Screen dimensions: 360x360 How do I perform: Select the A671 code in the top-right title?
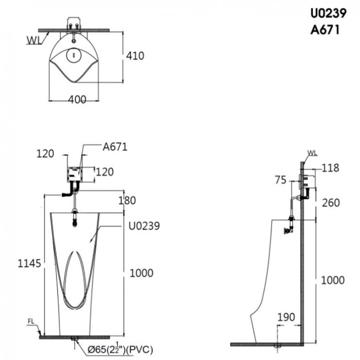(324, 30)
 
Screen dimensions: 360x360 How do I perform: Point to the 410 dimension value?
(135, 56)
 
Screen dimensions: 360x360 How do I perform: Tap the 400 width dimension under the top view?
(77, 99)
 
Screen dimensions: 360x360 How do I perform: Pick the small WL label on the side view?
(312, 153)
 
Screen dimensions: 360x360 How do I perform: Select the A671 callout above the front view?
(115, 147)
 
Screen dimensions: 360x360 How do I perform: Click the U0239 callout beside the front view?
(144, 226)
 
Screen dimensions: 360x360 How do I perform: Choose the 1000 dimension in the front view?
(142, 273)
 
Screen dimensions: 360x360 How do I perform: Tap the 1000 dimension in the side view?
(332, 280)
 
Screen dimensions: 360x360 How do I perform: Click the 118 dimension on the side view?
(330, 168)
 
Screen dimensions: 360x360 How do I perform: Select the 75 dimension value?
(280, 180)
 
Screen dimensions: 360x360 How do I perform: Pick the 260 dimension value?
(330, 202)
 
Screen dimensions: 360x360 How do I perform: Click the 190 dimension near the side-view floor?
(286, 317)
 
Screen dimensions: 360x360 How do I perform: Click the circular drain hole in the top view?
(72, 54)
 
